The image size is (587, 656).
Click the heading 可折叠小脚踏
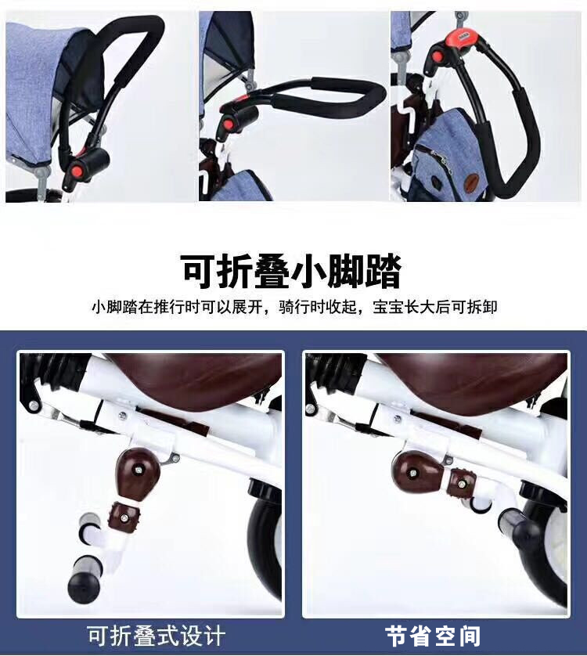click(291, 271)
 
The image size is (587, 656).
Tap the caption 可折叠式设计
click(156, 636)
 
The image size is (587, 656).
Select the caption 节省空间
click(433, 636)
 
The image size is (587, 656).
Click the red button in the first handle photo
click(77, 171)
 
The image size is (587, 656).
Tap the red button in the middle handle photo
click(229, 124)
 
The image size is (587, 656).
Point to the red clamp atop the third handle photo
click(462, 37)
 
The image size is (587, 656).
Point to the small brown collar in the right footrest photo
click(461, 484)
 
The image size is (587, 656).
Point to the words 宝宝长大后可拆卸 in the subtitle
click(434, 308)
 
